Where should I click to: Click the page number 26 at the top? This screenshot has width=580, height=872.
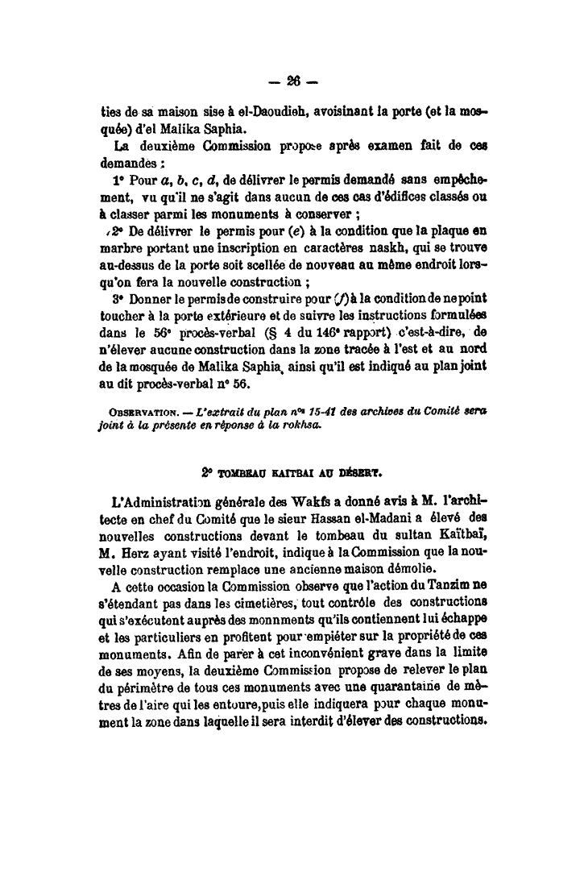291,81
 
